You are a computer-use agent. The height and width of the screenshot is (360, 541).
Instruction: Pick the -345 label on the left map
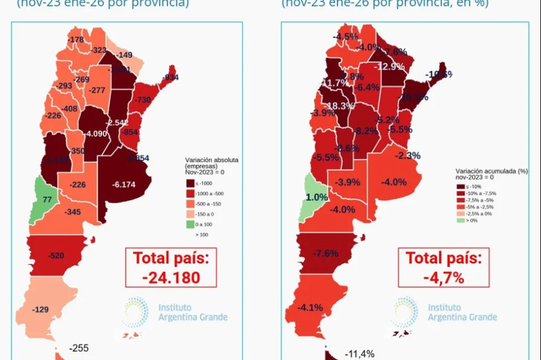pyautogui.click(x=73, y=212)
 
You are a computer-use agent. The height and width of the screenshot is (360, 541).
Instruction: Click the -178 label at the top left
pyautogui.click(x=76, y=40)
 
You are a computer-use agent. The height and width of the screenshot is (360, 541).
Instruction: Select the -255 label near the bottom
pyautogui.click(x=79, y=348)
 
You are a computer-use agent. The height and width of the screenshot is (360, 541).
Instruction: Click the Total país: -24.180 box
pyautogui.click(x=171, y=267)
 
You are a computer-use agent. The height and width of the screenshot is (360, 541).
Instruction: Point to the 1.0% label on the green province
pyautogui.click(x=317, y=197)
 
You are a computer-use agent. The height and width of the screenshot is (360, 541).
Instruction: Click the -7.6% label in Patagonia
pyautogui.click(x=326, y=253)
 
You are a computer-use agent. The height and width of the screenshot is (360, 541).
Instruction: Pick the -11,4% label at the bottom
pyautogui.click(x=360, y=353)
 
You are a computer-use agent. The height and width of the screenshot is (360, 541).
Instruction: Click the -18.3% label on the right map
pyautogui.click(x=339, y=106)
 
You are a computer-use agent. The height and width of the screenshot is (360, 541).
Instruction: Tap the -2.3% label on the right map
pyautogui.click(x=408, y=155)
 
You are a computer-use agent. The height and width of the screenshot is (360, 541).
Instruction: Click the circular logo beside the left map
pyautogui.click(x=134, y=311)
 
